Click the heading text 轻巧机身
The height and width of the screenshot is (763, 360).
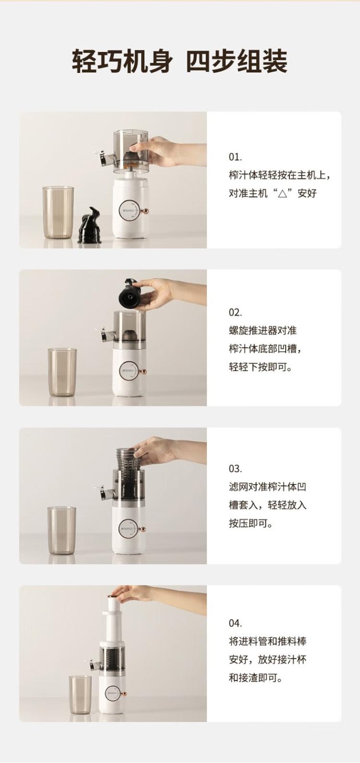coord(121,61)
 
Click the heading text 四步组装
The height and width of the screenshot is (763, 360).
coord(237,61)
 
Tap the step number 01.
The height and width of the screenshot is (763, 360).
coord(235,157)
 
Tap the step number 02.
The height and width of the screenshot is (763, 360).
coord(235,312)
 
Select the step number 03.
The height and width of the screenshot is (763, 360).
coord(235,469)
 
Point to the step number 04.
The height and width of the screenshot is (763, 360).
coord(235,623)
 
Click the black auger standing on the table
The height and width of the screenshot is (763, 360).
coord(90,225)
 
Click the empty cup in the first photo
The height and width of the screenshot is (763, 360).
coord(58,212)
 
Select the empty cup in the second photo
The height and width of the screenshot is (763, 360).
coord(62,372)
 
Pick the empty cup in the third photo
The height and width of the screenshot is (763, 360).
coord(61,530)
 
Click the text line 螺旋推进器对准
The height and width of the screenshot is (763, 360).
coord(263,330)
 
